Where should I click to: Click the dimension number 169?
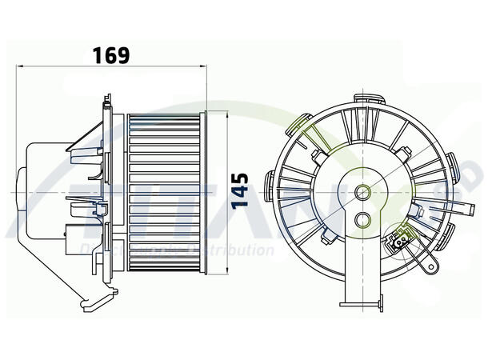(111, 55)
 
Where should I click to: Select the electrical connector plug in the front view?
(401, 237)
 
